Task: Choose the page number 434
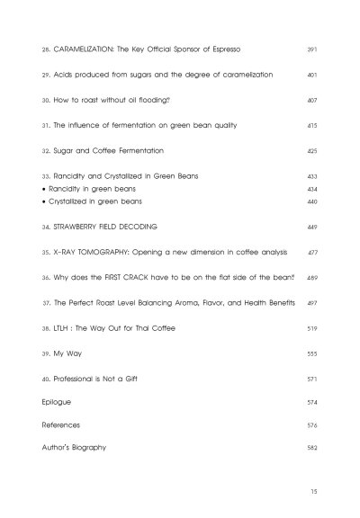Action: click(311, 190)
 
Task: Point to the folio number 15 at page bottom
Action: click(311, 494)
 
